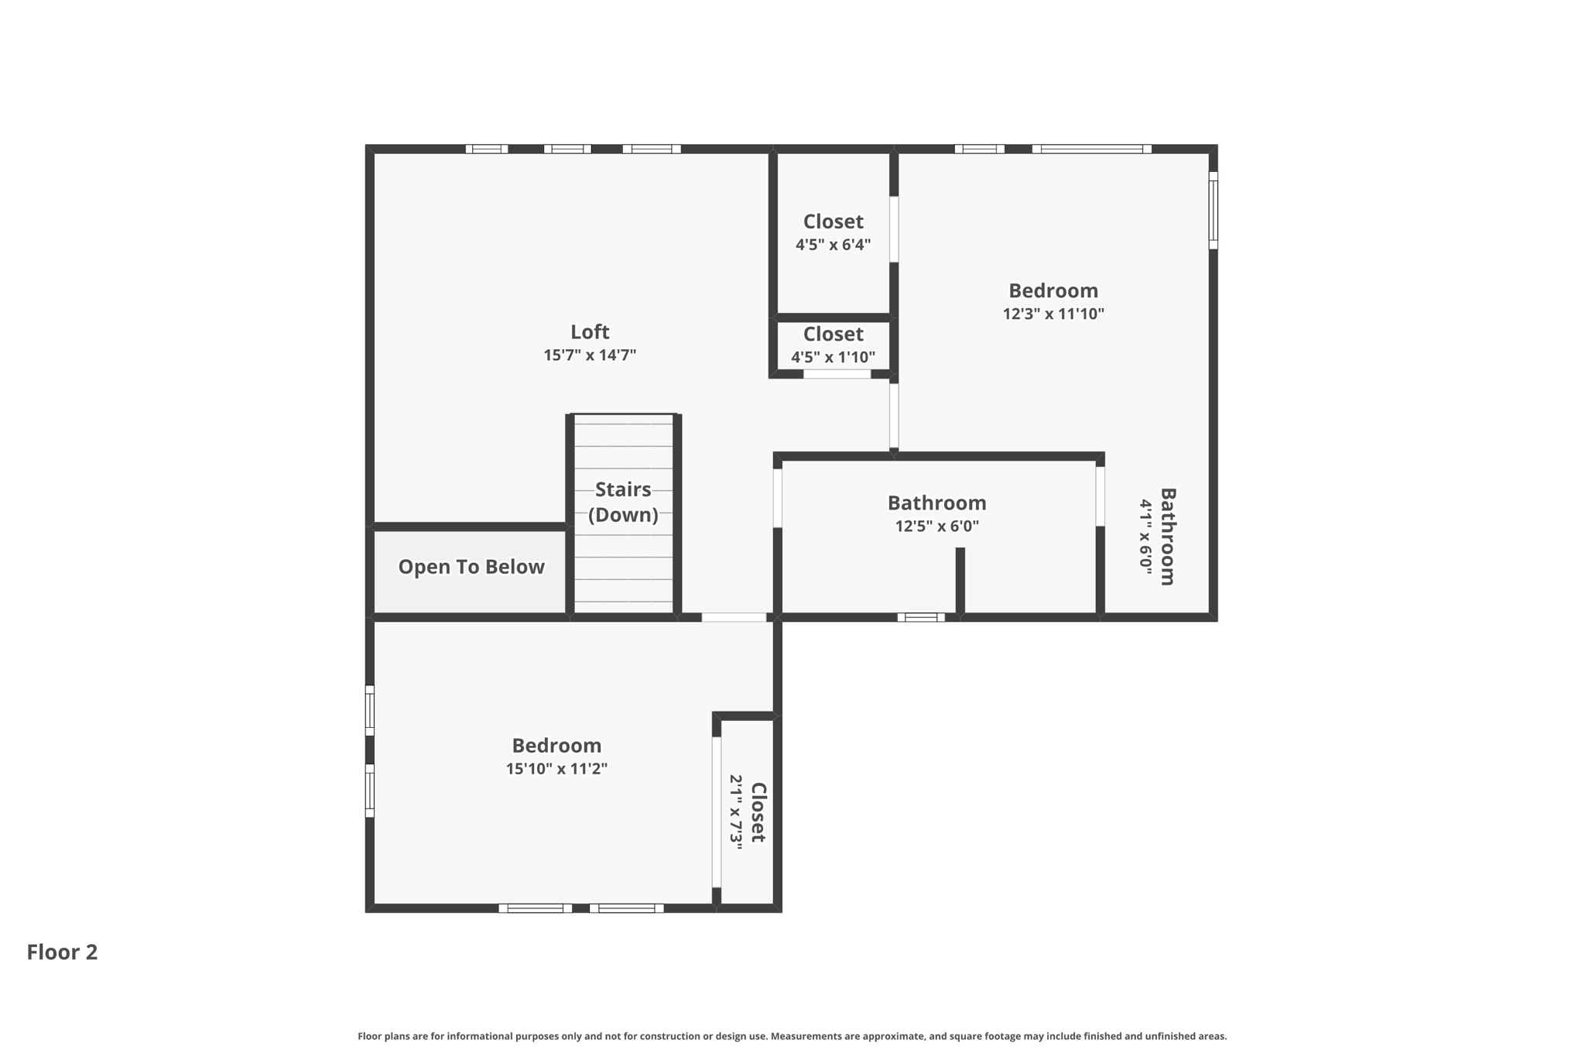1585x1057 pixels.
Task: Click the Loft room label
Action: coord(590,332)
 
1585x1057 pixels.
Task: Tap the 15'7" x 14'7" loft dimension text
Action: coord(590,355)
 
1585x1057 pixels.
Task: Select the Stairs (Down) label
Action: coord(623,502)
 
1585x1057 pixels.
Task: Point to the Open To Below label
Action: coord(471,567)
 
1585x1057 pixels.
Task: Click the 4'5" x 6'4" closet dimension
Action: coord(833,245)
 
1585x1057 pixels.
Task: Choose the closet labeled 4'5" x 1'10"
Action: coord(833,345)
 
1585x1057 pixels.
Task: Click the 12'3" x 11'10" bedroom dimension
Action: coord(1053,314)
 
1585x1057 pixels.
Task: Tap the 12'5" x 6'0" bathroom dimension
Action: coord(936,527)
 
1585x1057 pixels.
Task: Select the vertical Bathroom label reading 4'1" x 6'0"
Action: coord(1158,536)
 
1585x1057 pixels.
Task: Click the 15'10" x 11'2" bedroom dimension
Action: coord(556,769)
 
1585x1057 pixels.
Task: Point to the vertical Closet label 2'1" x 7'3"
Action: coord(748,812)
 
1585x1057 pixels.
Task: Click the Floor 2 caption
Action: coord(62,952)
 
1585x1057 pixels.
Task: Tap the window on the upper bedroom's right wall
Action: coord(1213,210)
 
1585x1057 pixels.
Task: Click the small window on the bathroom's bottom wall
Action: coord(921,617)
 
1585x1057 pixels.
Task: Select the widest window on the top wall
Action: coord(1091,149)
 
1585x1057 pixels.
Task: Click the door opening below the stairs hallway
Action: coord(734,617)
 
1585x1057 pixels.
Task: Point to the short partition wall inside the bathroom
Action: coord(960,581)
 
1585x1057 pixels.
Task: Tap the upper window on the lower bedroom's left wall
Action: coord(370,710)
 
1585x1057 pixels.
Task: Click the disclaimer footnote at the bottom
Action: coord(792,1036)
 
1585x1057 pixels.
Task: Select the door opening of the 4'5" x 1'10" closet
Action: coord(837,374)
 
